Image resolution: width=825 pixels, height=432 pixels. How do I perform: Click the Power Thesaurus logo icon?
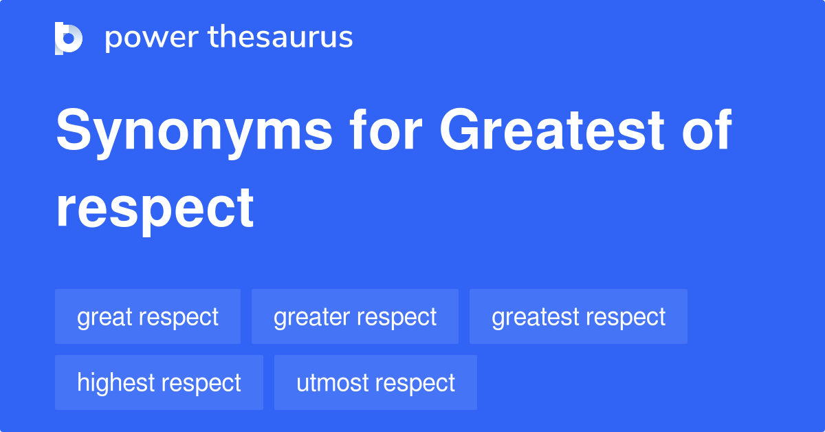(69, 38)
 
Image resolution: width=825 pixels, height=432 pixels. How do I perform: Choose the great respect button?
(148, 317)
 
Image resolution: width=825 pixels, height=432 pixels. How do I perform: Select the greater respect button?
(355, 317)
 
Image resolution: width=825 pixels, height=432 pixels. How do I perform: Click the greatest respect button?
(578, 317)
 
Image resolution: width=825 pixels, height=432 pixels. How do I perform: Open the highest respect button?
(159, 382)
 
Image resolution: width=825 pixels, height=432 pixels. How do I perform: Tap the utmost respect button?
(375, 382)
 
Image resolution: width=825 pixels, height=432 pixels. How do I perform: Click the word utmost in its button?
(329, 382)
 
